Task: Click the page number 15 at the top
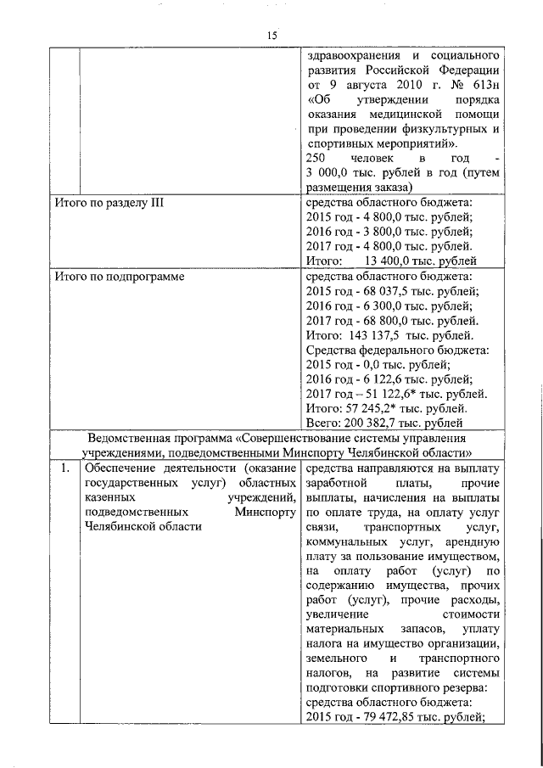[x=271, y=34]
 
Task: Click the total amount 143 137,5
[x=372, y=334]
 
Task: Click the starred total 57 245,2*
[x=372, y=407]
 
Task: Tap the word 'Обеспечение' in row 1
[x=120, y=467]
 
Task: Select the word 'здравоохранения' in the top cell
[x=348, y=55]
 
